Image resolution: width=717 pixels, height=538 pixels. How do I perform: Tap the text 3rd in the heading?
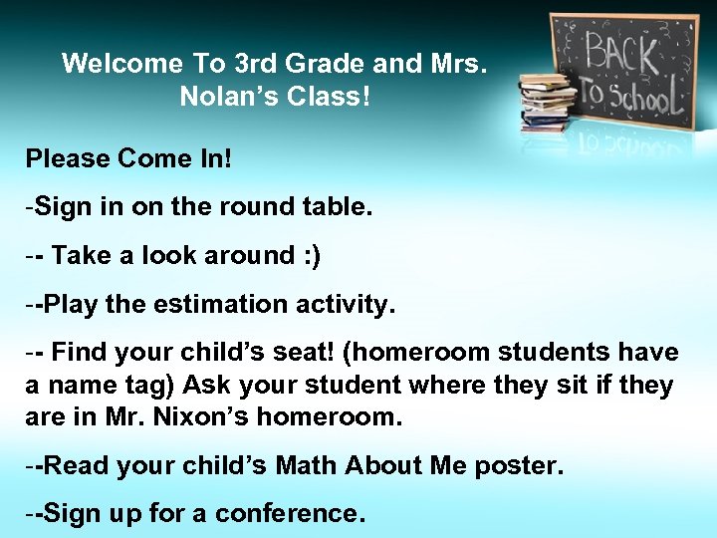(x=254, y=65)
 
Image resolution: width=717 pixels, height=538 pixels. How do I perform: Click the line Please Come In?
(x=127, y=158)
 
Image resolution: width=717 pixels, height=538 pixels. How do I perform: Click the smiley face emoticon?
(x=308, y=256)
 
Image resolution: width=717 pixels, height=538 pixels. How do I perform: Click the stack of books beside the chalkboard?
(x=545, y=103)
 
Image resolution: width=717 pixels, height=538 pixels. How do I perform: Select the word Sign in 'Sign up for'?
(x=69, y=513)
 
